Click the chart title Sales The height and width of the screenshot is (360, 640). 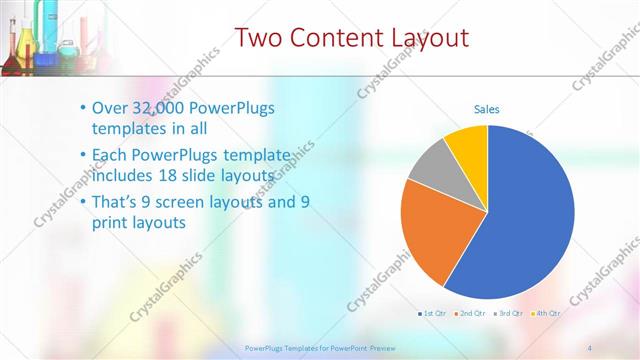point(486,109)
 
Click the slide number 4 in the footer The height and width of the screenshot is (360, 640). point(589,347)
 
